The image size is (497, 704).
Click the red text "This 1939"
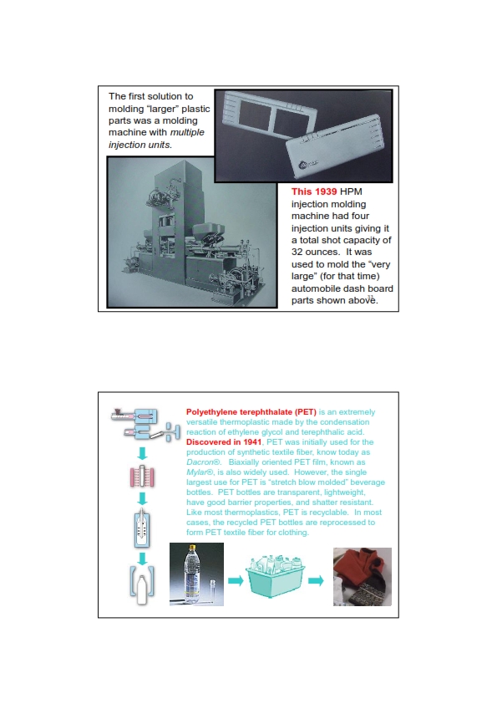(x=314, y=191)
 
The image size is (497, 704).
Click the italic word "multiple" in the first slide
(x=187, y=132)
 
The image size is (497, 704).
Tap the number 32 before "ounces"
(x=297, y=252)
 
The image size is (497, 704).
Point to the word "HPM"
(x=351, y=191)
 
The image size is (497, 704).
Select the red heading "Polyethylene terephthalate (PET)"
(x=251, y=411)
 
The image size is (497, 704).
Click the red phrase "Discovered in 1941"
(x=224, y=441)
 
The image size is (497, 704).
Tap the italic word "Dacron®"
(x=204, y=462)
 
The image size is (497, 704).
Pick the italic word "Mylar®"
(x=200, y=472)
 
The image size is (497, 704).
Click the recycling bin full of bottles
(x=275, y=575)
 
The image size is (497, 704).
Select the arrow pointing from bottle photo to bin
(x=236, y=580)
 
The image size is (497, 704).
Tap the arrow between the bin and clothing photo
(x=316, y=580)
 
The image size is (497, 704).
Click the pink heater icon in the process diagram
(x=142, y=477)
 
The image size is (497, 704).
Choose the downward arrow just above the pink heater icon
(x=142, y=453)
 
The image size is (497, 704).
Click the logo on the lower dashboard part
(x=307, y=165)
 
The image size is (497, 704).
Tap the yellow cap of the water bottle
(x=193, y=548)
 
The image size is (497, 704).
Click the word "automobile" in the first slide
(x=314, y=288)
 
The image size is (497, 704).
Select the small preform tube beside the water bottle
(x=213, y=590)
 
